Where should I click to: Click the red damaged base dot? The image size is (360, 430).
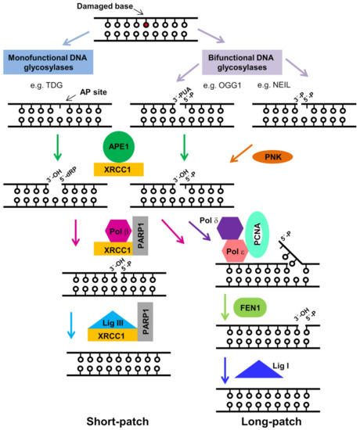(146, 24)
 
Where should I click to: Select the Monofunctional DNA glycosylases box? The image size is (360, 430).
(49, 63)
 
